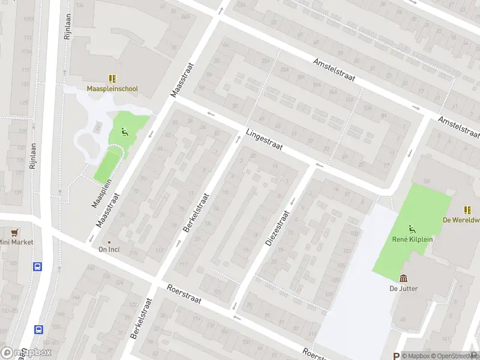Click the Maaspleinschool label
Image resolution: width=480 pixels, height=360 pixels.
pos(112,89)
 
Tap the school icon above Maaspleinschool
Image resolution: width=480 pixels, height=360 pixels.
pos(112,78)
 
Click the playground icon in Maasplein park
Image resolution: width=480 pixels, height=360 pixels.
pos(125,132)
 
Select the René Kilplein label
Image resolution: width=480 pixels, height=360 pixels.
pos(412,239)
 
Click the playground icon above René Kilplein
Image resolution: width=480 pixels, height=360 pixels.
pos(412,228)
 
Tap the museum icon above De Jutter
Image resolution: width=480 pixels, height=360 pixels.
pos(404,278)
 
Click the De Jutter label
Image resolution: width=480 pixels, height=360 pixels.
pos(404,289)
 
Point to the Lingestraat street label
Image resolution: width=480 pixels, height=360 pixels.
pos(264,142)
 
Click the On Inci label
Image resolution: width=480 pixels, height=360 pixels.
pos(109,250)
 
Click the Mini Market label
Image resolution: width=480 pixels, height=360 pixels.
pos(16,242)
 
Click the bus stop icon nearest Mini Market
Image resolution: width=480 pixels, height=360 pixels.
pos(38,266)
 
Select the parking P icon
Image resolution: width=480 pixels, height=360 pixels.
pos(396,356)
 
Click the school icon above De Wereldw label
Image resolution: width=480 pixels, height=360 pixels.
pos(467,209)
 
